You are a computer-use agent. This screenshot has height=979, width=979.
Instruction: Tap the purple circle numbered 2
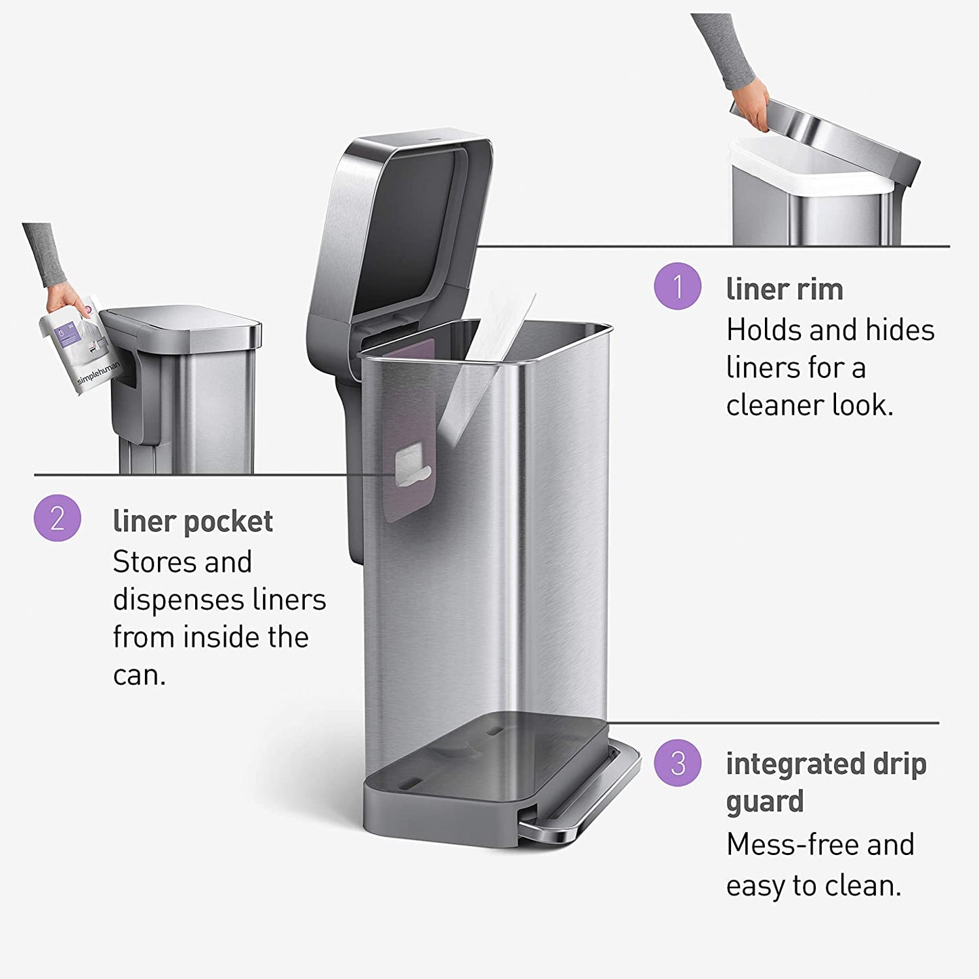point(58,518)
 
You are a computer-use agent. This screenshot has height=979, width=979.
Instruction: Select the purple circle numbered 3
point(678,763)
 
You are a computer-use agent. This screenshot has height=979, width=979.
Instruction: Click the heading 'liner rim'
point(785,289)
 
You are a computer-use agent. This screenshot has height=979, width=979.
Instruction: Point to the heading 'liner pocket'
point(193,522)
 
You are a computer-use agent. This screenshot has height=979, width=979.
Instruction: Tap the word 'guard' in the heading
point(765,801)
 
